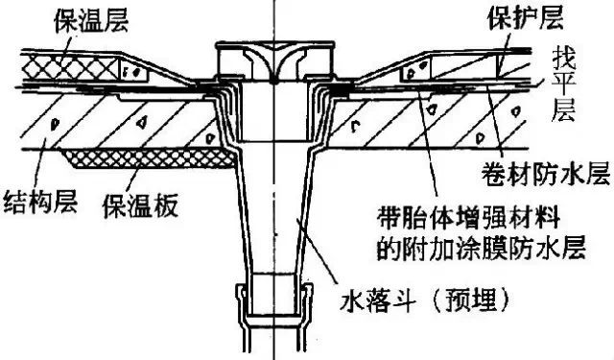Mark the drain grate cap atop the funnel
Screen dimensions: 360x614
(x=272, y=60)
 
